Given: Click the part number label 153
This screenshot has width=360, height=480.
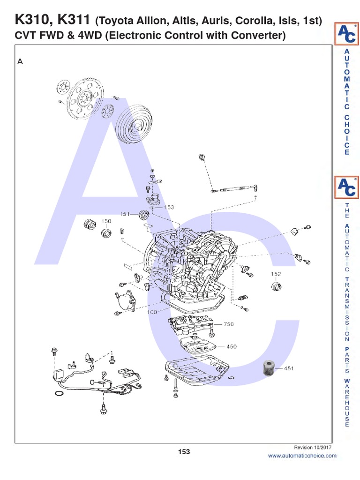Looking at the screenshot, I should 169,207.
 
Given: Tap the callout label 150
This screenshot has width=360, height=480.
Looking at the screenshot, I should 106,221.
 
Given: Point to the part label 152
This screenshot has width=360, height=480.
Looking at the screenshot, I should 276,274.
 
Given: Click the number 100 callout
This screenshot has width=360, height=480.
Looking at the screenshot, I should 151,311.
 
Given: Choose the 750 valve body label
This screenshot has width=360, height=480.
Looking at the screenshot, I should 228,324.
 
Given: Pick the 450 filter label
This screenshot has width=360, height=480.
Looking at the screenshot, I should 231,346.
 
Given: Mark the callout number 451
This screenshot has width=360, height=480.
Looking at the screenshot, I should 288,368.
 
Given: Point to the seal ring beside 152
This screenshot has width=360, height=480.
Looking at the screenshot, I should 276,286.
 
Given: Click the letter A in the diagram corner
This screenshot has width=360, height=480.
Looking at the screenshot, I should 20,61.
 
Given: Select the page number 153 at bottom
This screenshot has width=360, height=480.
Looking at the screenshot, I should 184,452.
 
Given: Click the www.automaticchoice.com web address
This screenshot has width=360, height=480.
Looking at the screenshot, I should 302,456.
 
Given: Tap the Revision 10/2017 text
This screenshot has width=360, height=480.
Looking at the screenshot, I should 313,448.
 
